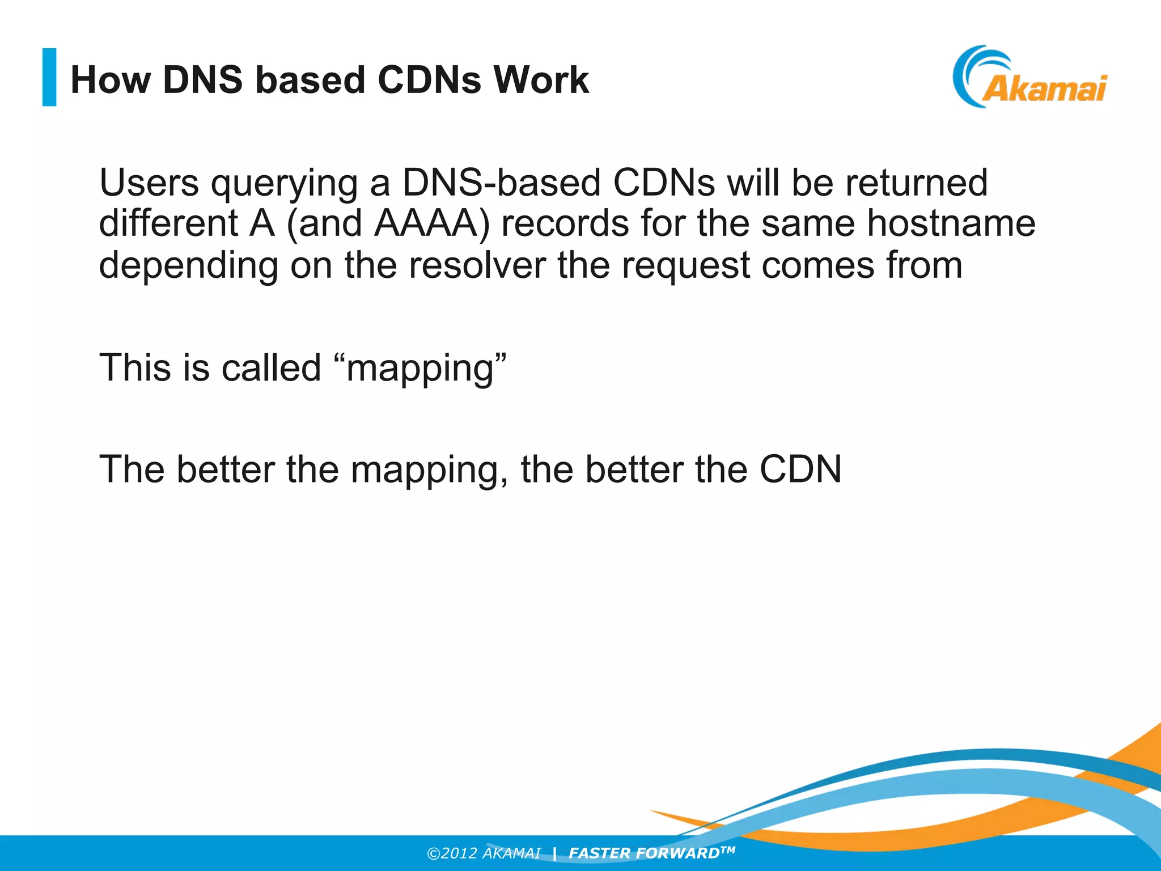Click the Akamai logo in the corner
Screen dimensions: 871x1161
click(1030, 78)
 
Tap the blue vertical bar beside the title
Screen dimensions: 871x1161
click(49, 77)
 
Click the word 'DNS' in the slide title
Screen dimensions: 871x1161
click(202, 79)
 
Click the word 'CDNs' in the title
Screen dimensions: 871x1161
click(429, 79)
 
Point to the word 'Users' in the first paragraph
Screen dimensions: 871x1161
click(149, 183)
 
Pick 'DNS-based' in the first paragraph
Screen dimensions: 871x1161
click(501, 183)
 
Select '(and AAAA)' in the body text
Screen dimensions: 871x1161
click(388, 223)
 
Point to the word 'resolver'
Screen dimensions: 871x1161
click(477, 265)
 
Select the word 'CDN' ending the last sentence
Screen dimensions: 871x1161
click(800, 470)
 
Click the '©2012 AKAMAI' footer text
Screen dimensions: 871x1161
click(483, 853)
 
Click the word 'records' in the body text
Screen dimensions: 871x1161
click(565, 223)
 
